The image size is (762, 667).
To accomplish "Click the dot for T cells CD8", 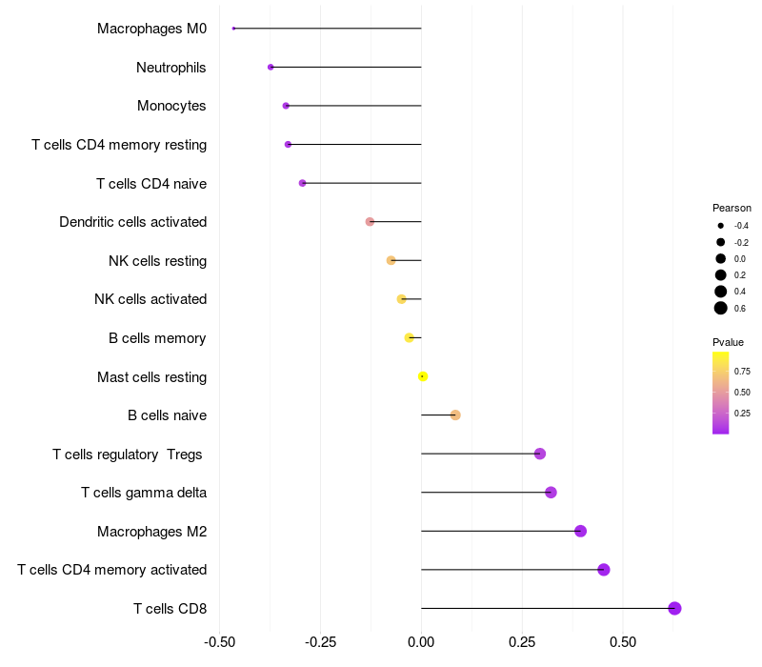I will pyautogui.click(x=674, y=608).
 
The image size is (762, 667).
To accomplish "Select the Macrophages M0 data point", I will pyautogui.click(x=233, y=29).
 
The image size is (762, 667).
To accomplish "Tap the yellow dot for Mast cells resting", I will pyautogui.click(x=423, y=376).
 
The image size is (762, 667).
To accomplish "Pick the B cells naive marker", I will pyautogui.click(x=455, y=414).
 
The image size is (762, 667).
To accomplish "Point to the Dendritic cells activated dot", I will pyautogui.click(x=370, y=222).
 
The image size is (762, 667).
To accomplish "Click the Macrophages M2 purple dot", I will pyautogui.click(x=580, y=531).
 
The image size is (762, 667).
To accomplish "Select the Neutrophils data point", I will pyautogui.click(x=271, y=67).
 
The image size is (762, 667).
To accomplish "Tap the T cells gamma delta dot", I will pyautogui.click(x=551, y=493).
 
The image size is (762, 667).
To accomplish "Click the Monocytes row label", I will pyautogui.click(x=171, y=106).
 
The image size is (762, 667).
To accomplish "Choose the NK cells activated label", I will pyautogui.click(x=150, y=299).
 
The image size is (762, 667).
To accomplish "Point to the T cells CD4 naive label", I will pyautogui.click(x=151, y=183).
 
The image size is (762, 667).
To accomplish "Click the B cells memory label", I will pyautogui.click(x=158, y=338).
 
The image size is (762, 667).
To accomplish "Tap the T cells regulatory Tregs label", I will pyautogui.click(x=128, y=455).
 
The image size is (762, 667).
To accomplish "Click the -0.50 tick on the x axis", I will pyautogui.click(x=220, y=641).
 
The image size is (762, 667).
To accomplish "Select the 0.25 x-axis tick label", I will pyautogui.click(x=522, y=641).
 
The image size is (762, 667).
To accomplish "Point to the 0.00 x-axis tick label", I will pyautogui.click(x=421, y=641).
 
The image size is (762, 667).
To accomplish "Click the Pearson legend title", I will pyautogui.click(x=732, y=208).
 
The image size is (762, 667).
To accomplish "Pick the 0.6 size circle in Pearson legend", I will pyautogui.click(x=721, y=308).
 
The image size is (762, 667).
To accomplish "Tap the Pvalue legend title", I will pyautogui.click(x=728, y=342).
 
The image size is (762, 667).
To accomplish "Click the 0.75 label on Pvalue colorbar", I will pyautogui.click(x=742, y=371).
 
